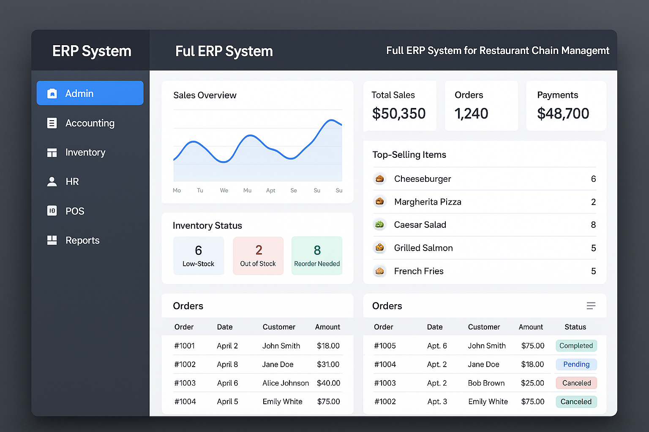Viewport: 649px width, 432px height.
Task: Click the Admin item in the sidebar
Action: click(x=90, y=93)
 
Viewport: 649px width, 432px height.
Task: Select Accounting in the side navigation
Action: click(x=90, y=123)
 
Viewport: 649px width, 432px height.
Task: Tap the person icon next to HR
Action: click(x=52, y=181)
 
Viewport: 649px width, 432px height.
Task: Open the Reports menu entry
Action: click(x=82, y=240)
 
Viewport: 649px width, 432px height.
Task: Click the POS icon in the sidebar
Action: click(x=52, y=211)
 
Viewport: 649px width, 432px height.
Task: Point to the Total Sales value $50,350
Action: click(x=398, y=113)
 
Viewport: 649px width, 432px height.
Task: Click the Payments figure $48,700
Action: click(x=563, y=113)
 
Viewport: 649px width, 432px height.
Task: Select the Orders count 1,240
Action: click(x=471, y=113)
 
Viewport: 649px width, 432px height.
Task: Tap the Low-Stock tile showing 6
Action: click(x=199, y=256)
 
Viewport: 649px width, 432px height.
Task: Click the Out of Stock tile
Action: click(x=258, y=256)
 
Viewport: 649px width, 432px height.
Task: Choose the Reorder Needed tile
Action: click(x=317, y=256)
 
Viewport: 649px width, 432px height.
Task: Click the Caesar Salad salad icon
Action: click(x=380, y=224)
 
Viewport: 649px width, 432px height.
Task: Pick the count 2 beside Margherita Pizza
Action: click(x=593, y=202)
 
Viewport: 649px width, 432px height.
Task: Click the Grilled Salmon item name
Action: click(x=423, y=248)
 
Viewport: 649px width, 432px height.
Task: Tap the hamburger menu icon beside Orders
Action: click(x=591, y=306)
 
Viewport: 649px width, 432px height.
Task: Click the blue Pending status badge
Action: click(x=576, y=364)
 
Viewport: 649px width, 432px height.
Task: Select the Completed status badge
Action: click(x=576, y=346)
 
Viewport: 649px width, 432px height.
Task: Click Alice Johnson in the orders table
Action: click(x=286, y=383)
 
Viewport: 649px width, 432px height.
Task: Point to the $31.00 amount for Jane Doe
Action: click(x=328, y=364)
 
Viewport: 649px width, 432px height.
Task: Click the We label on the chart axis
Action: click(x=224, y=191)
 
